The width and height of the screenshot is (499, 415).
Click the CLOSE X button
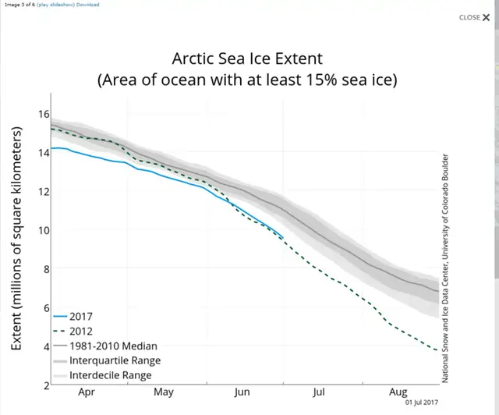click(x=474, y=17)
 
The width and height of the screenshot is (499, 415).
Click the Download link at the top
click(x=87, y=5)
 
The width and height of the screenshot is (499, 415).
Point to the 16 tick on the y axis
click(x=44, y=114)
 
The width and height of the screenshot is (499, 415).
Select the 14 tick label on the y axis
click(x=44, y=152)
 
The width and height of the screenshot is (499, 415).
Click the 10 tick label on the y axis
click(x=44, y=230)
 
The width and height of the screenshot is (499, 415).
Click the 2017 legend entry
click(x=80, y=316)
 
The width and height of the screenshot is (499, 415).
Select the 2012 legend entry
click(x=80, y=331)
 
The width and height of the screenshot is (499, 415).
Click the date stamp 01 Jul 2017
click(x=422, y=404)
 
